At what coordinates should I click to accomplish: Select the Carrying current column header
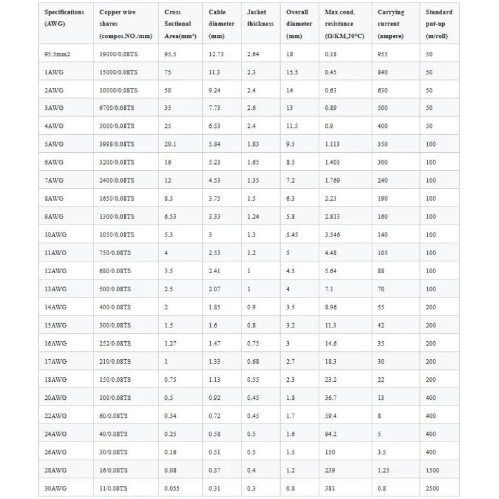click(x=391, y=24)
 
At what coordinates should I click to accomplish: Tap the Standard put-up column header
click(x=439, y=24)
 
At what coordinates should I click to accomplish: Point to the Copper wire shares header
click(x=125, y=24)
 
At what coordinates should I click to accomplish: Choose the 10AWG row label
click(x=55, y=235)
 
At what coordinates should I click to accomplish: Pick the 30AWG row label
click(x=55, y=488)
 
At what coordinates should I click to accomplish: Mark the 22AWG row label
click(x=55, y=416)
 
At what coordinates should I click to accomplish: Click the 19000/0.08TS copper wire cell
click(x=119, y=54)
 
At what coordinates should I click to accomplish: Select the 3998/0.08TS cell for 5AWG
click(x=117, y=145)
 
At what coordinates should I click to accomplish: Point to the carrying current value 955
click(x=384, y=54)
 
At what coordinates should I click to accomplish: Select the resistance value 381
click(x=331, y=488)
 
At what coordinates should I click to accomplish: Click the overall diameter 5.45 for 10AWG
click(x=293, y=235)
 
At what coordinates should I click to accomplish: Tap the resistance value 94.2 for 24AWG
click(x=332, y=434)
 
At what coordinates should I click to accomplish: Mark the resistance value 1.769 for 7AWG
click(x=334, y=181)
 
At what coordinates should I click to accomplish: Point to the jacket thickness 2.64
click(x=253, y=54)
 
